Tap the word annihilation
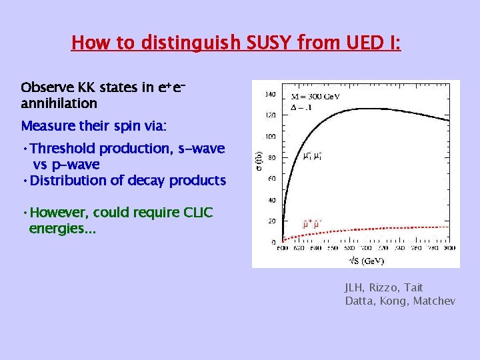click(x=59, y=103)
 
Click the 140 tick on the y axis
click(x=271, y=95)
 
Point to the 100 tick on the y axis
click(x=271, y=137)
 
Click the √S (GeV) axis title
click(x=363, y=259)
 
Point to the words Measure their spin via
click(x=83, y=126)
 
